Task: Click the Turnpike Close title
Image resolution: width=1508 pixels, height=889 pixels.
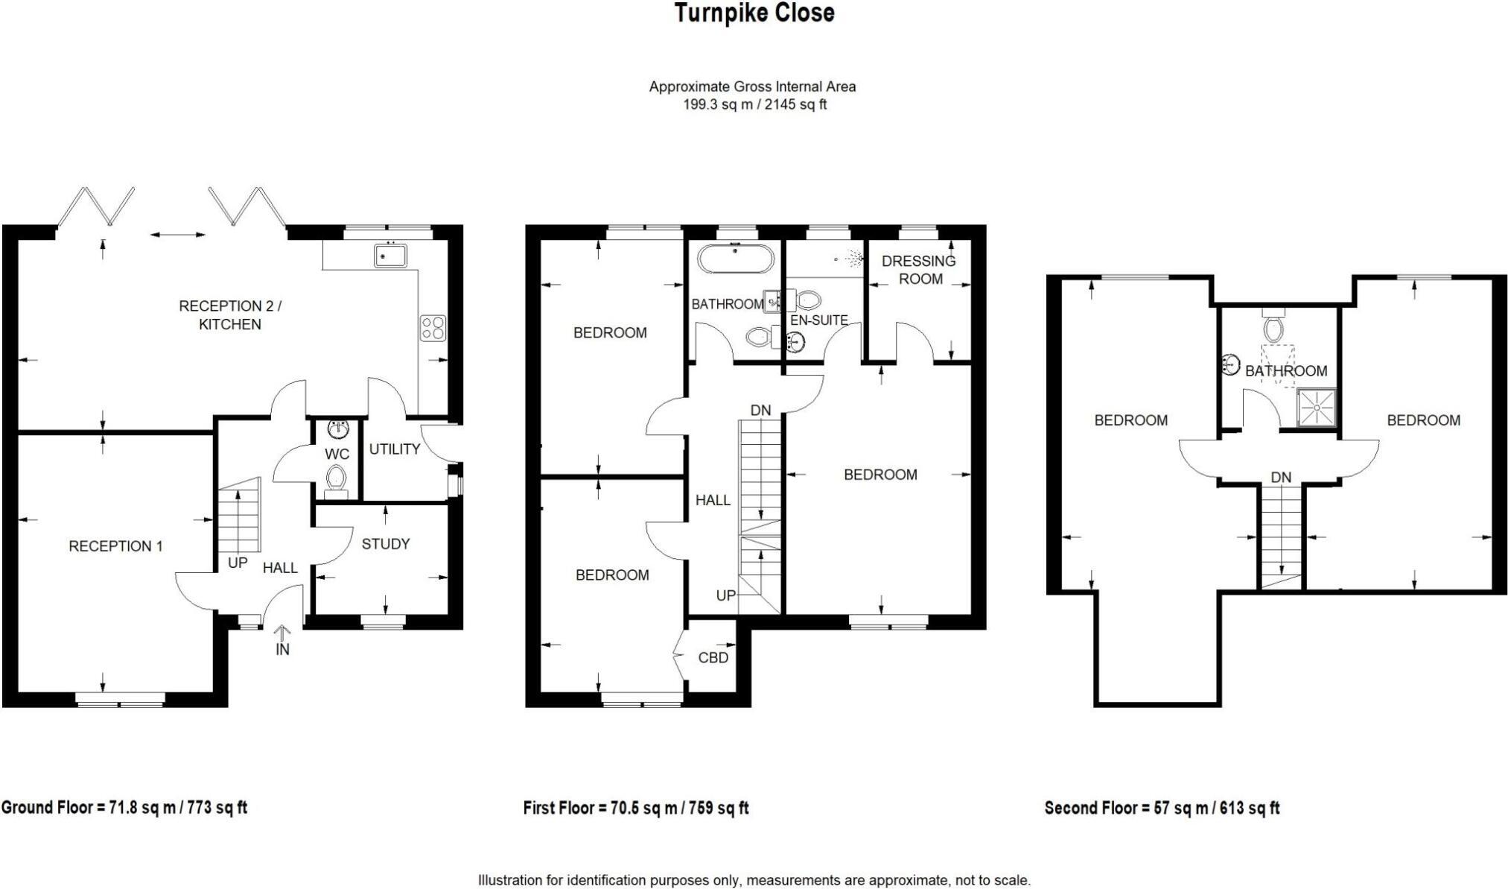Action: coord(754,13)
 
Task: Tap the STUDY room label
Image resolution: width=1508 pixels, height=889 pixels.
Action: coord(385,544)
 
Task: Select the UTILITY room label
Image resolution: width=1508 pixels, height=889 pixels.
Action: coord(394,449)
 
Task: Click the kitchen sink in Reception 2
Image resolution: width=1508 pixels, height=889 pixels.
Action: coord(390,256)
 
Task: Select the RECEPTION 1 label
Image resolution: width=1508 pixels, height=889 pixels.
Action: coord(115,546)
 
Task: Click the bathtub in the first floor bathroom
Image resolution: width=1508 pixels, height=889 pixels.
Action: coord(735,260)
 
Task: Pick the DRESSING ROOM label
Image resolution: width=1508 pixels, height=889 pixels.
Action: coord(919,270)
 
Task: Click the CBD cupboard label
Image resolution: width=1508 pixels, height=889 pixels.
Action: coord(713,658)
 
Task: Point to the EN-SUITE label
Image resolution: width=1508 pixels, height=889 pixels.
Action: coord(819,320)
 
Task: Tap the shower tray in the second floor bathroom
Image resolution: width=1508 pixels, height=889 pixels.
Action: coord(1316,408)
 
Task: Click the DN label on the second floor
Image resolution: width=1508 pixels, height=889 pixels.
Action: coord(1281,478)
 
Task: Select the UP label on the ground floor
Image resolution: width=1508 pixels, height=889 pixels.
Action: coord(238,563)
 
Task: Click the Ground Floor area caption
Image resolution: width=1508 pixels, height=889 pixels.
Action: coord(124,807)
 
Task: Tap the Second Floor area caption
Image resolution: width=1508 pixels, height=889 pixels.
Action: coord(1162,808)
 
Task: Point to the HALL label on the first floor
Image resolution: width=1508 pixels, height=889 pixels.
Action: coord(713,500)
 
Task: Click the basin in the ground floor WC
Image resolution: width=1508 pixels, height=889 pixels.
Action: coord(338,429)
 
